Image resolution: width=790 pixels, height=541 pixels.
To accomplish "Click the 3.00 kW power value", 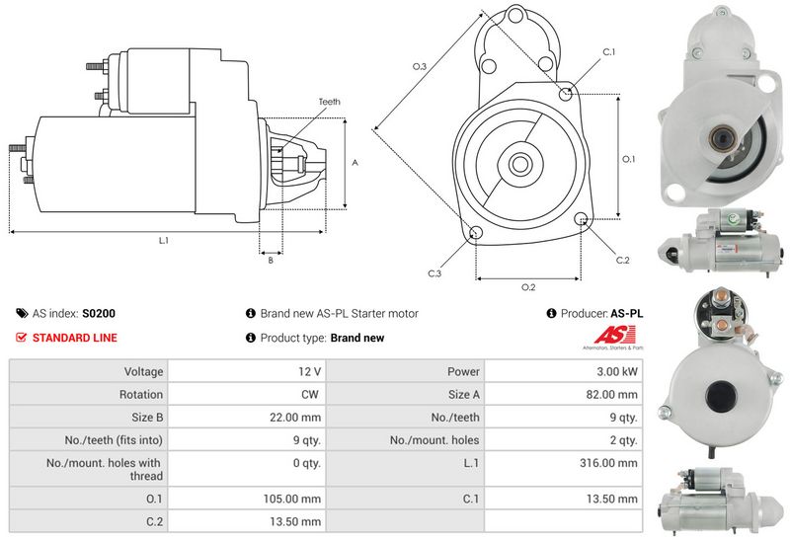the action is (x=616, y=372).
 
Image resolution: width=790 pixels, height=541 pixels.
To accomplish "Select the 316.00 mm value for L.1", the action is (x=608, y=463).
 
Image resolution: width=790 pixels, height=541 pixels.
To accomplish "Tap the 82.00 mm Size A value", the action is (x=611, y=395).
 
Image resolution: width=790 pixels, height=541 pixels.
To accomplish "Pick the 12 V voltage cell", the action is (x=309, y=372).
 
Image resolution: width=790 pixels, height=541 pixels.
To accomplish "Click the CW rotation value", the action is (x=310, y=395).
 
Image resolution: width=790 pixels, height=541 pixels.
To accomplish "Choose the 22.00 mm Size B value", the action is (x=295, y=417).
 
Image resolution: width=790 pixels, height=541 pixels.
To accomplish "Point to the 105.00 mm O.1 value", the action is (x=292, y=499).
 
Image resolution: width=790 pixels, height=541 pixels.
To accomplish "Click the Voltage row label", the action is (x=143, y=372).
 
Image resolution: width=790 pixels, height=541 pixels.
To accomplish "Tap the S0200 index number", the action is (x=99, y=313).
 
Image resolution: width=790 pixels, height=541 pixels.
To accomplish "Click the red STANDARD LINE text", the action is (x=75, y=338).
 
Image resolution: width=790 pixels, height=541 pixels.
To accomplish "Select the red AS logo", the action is (x=615, y=335).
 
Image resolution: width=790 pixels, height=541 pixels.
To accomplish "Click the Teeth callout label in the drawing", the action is (x=330, y=102).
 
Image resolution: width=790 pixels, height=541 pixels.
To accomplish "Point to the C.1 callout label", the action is (x=609, y=52).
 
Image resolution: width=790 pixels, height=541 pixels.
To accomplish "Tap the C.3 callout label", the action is (x=434, y=273).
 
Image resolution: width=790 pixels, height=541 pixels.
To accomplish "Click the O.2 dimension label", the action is (x=528, y=287).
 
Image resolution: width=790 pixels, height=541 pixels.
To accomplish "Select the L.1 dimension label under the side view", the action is (x=164, y=241).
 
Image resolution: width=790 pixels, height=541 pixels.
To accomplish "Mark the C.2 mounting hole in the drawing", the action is (x=581, y=219).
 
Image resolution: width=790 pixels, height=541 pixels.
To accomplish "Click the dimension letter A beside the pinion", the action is (x=355, y=163).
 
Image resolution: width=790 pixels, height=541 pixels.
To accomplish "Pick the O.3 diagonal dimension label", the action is (x=419, y=66).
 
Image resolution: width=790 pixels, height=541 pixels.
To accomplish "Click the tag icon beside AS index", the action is (x=22, y=313).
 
